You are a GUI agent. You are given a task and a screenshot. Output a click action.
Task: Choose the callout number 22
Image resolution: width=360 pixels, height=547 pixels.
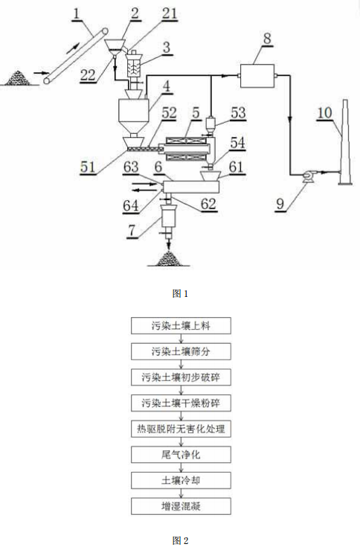click(88, 72)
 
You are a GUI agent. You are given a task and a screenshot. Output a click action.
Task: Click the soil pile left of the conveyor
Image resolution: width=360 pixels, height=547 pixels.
click(20, 75)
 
